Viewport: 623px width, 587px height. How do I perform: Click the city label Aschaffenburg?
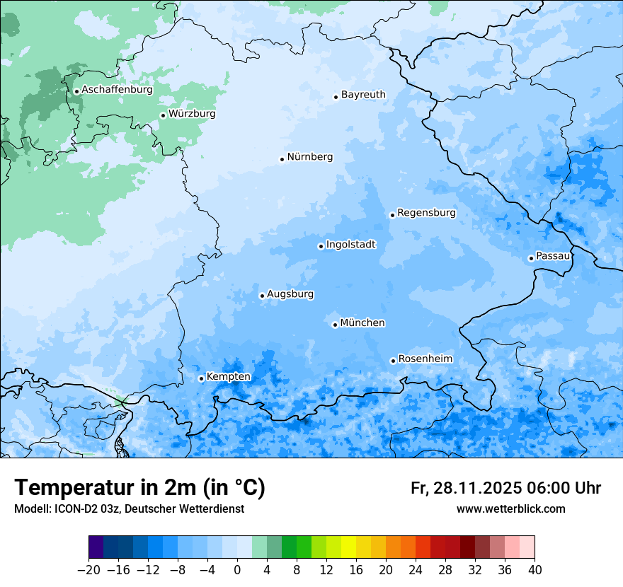point(117,90)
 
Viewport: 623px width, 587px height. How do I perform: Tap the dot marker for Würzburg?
point(163,115)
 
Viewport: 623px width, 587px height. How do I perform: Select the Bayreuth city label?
point(363,95)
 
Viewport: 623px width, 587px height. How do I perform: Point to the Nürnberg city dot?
point(282,159)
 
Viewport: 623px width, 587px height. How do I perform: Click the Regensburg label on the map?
point(426,213)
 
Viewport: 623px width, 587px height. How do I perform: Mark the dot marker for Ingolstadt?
point(321,247)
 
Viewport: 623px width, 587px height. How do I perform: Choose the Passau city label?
point(552,256)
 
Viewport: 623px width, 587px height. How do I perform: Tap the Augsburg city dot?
point(262,296)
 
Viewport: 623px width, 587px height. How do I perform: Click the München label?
point(362,323)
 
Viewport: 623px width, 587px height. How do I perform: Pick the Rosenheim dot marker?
point(393,361)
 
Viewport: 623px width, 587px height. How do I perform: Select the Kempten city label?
point(228,377)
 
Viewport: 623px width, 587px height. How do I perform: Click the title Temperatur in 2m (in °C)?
point(139,488)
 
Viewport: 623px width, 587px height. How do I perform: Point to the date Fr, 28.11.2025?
point(466,488)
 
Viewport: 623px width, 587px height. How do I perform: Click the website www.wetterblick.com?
point(510,509)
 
